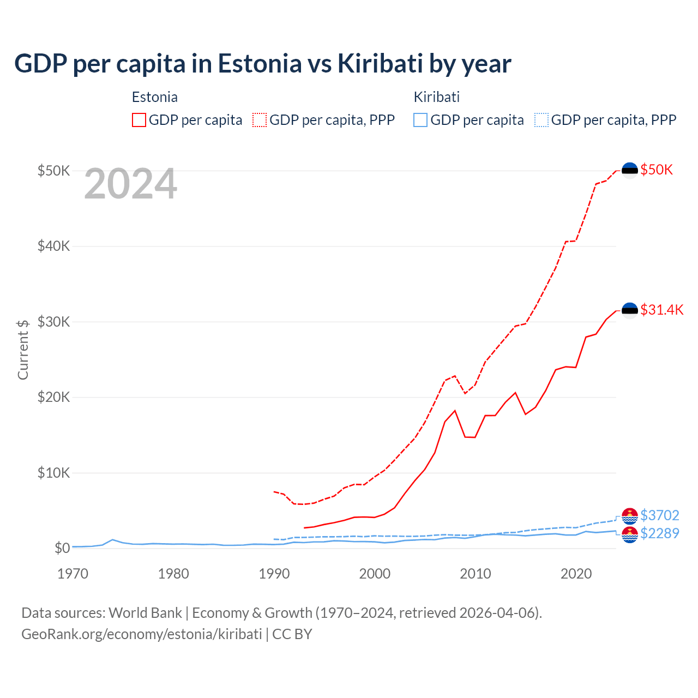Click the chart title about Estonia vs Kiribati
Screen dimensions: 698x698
pos(262,64)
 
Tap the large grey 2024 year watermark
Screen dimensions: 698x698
pos(130,184)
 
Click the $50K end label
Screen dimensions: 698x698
pos(657,170)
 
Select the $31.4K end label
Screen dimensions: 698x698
pos(661,310)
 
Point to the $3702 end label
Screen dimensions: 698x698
pos(659,515)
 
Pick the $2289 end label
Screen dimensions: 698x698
pos(659,533)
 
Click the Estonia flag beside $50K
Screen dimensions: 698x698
pos(630,170)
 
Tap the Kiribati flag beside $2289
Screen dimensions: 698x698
pos(630,534)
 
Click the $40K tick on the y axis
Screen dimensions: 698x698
pos(53,246)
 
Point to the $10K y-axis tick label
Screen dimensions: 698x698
pos(53,473)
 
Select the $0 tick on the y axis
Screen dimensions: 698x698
pos(62,548)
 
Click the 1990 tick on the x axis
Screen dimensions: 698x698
pos(274,574)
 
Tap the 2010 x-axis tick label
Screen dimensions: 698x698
pos(476,574)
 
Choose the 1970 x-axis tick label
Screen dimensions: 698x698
pos(73,574)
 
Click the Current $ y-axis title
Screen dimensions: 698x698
pos(23,350)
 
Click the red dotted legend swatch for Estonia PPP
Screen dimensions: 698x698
pos(260,120)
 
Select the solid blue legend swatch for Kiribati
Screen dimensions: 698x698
pos(420,120)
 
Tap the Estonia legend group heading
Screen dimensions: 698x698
pos(155,97)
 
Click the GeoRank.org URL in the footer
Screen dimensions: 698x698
pos(142,634)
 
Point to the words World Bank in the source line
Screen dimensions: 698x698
pos(145,613)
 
